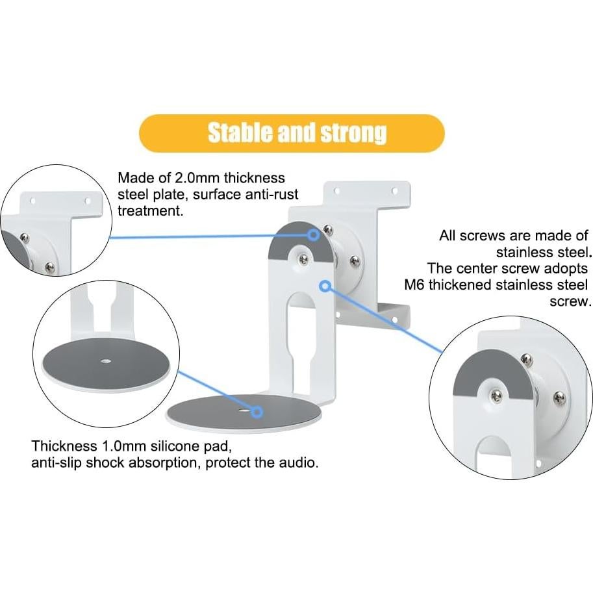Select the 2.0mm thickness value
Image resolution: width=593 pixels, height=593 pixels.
194,178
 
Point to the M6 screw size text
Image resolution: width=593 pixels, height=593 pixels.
412,285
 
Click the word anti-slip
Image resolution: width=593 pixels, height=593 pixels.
58,464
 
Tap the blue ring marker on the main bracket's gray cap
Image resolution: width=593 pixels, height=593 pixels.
314,234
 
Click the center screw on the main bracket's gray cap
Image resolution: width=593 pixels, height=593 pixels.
303,259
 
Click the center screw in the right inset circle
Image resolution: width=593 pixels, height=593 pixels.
498,396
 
